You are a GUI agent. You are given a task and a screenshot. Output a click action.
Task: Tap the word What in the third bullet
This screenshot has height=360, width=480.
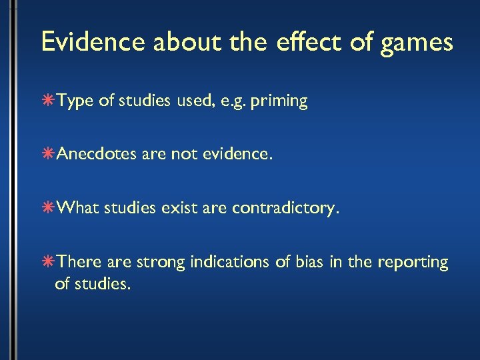[x=77, y=208]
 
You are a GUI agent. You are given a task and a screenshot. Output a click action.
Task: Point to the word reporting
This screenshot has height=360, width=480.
[x=413, y=263]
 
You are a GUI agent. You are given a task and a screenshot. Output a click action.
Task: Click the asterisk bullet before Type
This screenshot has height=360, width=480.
[x=50, y=101]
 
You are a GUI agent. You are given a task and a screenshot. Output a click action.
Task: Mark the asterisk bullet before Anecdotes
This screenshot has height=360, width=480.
[x=50, y=155]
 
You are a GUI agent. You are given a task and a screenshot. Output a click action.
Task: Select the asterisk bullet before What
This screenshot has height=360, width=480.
[x=50, y=208]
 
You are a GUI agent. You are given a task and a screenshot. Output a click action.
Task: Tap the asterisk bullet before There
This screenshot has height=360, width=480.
[x=50, y=262]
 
